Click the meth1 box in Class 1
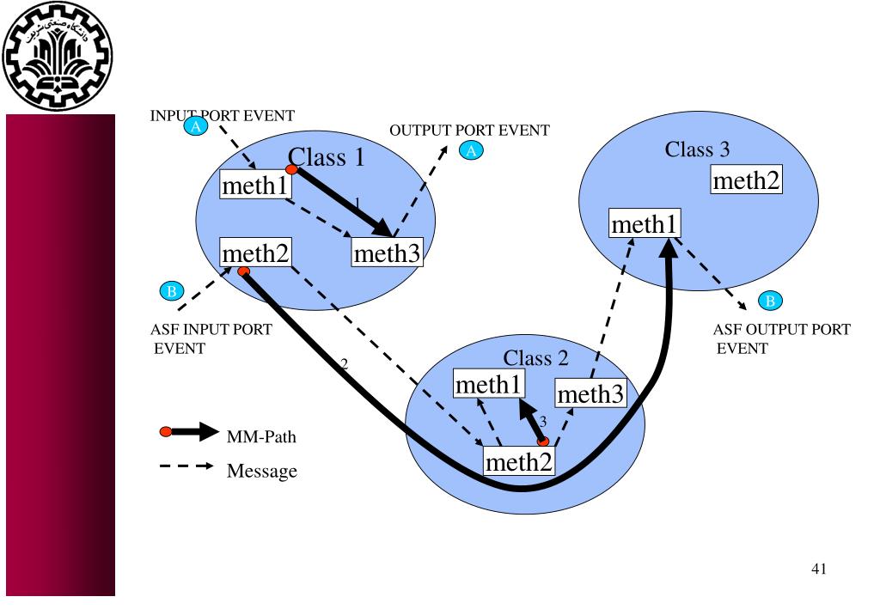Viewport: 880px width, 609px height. [255, 185]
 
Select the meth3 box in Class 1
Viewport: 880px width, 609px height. [387, 253]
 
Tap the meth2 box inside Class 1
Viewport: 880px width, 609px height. [255, 253]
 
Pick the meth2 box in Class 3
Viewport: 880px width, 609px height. [746, 180]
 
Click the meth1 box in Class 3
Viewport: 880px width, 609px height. [645, 223]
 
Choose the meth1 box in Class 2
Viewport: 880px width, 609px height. [489, 384]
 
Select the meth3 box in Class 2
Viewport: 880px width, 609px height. [590, 393]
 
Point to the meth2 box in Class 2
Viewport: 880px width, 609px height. [519, 461]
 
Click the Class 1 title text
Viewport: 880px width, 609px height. [326, 157]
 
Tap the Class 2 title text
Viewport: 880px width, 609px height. [535, 358]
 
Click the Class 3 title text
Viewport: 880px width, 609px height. [697, 149]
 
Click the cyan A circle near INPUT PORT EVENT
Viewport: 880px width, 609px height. [196, 126]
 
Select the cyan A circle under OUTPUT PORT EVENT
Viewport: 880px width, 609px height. [471, 150]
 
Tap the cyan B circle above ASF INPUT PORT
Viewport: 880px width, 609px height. [172, 291]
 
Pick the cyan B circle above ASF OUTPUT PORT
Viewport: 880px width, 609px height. [770, 301]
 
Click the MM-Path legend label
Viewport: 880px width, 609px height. [261, 436]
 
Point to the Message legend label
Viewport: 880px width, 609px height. [261, 471]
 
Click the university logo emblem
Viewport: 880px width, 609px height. [58, 56]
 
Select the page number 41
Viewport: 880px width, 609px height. [819, 569]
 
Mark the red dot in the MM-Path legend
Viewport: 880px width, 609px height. [166, 432]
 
